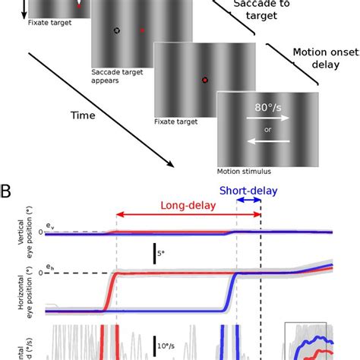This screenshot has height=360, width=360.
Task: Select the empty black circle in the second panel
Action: tap(116, 30)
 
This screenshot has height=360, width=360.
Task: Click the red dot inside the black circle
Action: tap(205, 80)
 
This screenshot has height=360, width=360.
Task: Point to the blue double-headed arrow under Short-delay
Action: tap(249, 201)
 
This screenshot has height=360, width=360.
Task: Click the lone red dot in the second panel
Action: tap(142, 30)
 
